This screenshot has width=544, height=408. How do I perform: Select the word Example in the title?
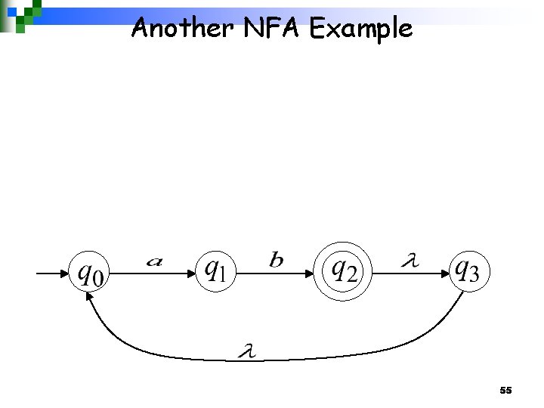click(360, 29)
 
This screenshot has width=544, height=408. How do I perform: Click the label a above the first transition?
click(154, 261)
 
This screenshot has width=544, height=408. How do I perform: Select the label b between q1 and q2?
click(277, 261)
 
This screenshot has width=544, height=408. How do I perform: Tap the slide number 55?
click(505, 391)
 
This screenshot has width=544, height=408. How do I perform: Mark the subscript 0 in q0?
click(97, 277)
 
